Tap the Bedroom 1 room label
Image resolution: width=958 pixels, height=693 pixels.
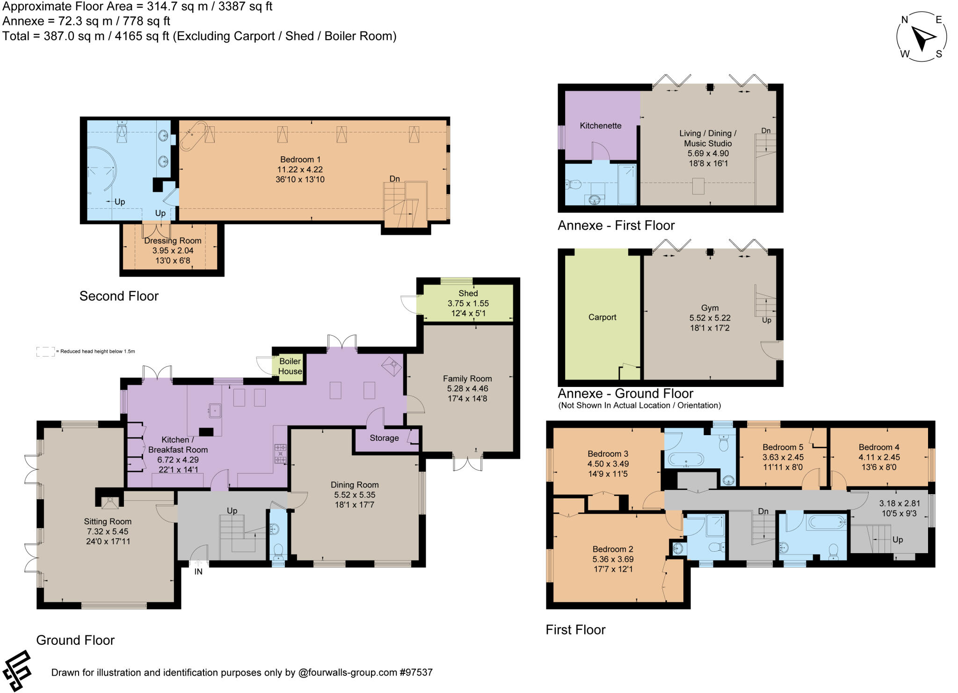300,160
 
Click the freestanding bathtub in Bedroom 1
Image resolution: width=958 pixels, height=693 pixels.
193,136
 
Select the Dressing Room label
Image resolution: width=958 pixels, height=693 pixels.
173,241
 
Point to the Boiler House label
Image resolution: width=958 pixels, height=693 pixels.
290,366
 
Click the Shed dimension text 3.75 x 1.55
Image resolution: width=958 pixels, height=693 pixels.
468,303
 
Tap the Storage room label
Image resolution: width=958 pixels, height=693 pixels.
384,438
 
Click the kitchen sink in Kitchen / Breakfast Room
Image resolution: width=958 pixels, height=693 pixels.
215,411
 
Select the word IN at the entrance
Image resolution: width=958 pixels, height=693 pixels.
198,571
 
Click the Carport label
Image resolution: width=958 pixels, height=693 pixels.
602,317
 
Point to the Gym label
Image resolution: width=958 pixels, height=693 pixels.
710,308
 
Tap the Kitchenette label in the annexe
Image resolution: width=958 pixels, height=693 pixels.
600,125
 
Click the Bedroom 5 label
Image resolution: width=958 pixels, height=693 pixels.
783,447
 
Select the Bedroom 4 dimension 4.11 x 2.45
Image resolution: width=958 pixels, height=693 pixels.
879,457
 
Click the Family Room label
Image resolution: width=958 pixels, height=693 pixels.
467,379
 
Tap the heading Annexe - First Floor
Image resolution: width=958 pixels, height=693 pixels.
616,226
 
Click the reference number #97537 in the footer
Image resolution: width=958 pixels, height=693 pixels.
416,672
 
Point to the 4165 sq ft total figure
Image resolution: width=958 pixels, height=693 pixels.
142,36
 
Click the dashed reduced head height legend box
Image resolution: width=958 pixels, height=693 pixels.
45,351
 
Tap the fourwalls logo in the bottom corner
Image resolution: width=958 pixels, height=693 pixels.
17,670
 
